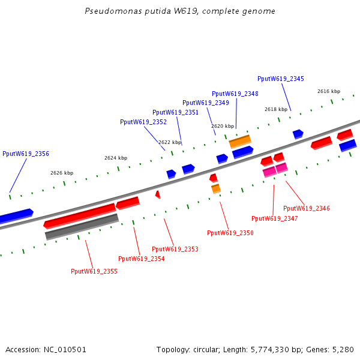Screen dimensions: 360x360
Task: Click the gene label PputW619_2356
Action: pos(26,154)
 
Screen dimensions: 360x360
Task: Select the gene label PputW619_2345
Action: pos(281,79)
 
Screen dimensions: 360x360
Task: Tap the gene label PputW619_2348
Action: pos(235,94)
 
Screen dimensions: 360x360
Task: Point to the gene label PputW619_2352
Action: pos(143,122)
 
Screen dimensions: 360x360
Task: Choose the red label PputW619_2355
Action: pos(94,271)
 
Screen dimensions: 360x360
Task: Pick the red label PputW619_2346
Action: pos(307,208)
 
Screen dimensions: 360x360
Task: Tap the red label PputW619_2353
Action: pos(175,249)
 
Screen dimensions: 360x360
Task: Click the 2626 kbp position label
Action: pos(62,173)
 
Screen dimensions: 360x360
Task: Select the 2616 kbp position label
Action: pos(329,91)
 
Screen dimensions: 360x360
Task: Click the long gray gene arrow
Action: pos(82,227)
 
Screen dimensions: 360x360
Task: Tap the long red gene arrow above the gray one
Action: pos(79,216)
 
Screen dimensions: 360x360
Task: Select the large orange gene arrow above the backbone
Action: pos(240,142)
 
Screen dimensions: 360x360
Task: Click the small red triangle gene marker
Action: pos(158,194)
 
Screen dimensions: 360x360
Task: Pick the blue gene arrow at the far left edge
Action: pos(16,215)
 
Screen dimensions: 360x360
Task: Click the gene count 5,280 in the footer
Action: pos(344,349)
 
